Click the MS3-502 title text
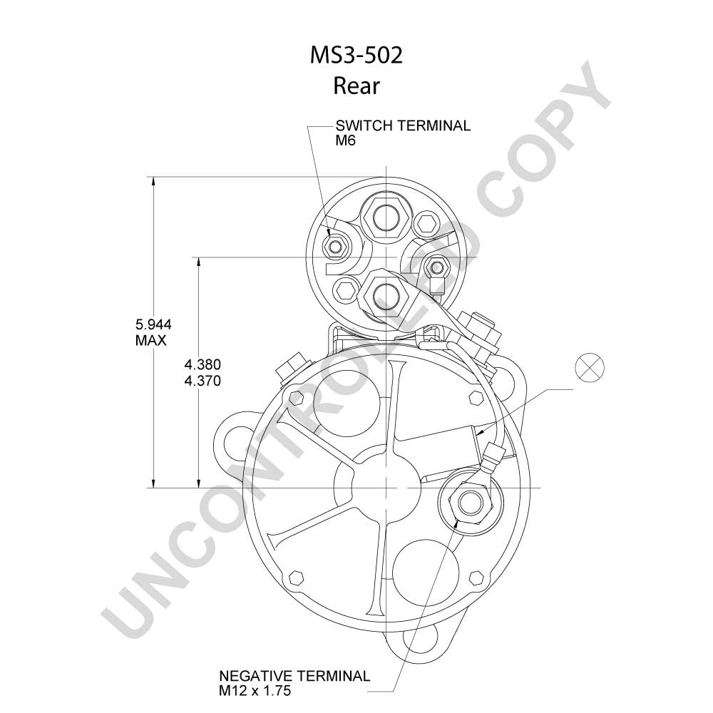pyautogui.click(x=356, y=56)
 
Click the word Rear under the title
pyautogui.click(x=356, y=86)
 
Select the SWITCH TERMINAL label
pyautogui.click(x=403, y=125)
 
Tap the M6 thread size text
pyautogui.click(x=346, y=141)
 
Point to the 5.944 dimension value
pyautogui.click(x=153, y=324)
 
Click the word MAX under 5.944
pyautogui.click(x=151, y=340)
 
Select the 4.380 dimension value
pyautogui.click(x=202, y=364)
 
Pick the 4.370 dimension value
pyautogui.click(x=202, y=380)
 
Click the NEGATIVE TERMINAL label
pyautogui.click(x=294, y=676)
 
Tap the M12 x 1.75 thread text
pyautogui.click(x=255, y=691)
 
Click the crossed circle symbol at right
pyautogui.click(x=590, y=367)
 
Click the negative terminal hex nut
pyautogui.click(x=471, y=503)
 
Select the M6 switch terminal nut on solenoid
pyautogui.click(x=336, y=247)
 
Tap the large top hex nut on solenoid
pyautogui.click(x=386, y=217)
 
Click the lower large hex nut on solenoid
pyautogui.click(x=386, y=296)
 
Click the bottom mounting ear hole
pyautogui.click(x=421, y=637)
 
